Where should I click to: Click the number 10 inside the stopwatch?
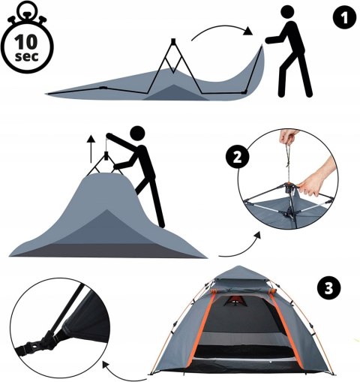coord(25,42)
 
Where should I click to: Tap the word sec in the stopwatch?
coord(27,56)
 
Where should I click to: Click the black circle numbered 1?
coord(344,17)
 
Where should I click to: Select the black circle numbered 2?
coord(238,158)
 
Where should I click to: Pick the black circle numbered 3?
coord(328,288)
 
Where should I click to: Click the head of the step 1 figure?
coord(287,12)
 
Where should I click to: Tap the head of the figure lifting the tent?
coord(138,134)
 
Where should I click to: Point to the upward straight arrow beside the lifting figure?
coord(91,149)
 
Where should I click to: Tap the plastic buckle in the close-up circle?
coord(47,344)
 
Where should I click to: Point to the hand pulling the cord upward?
coord(289,137)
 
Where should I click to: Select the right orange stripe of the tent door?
coord(286,330)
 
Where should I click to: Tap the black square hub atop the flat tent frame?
coord(173,41)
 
